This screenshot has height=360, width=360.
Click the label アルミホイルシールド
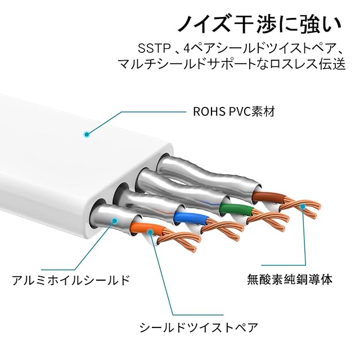pyautogui.click(x=71, y=280)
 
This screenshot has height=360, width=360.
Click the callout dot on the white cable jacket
pyautogui.click(x=87, y=134)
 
